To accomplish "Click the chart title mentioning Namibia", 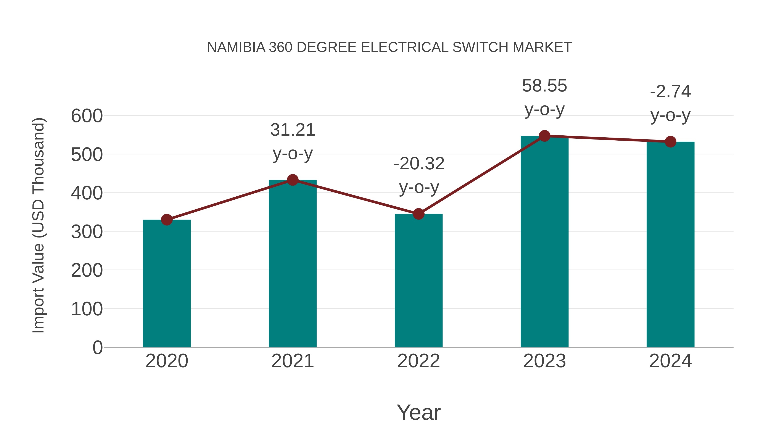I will click(389, 47).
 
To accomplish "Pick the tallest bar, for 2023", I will click(544, 242).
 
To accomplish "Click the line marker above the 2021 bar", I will click(292, 180).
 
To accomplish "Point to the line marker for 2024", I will click(670, 141).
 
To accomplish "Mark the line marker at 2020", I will click(167, 220).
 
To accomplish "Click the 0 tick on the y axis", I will click(97, 347).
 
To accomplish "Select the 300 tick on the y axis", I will click(87, 232).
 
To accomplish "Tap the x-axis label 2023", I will click(544, 361).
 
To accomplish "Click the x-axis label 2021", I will click(292, 361).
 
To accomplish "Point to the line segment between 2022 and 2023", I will click(481, 175).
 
